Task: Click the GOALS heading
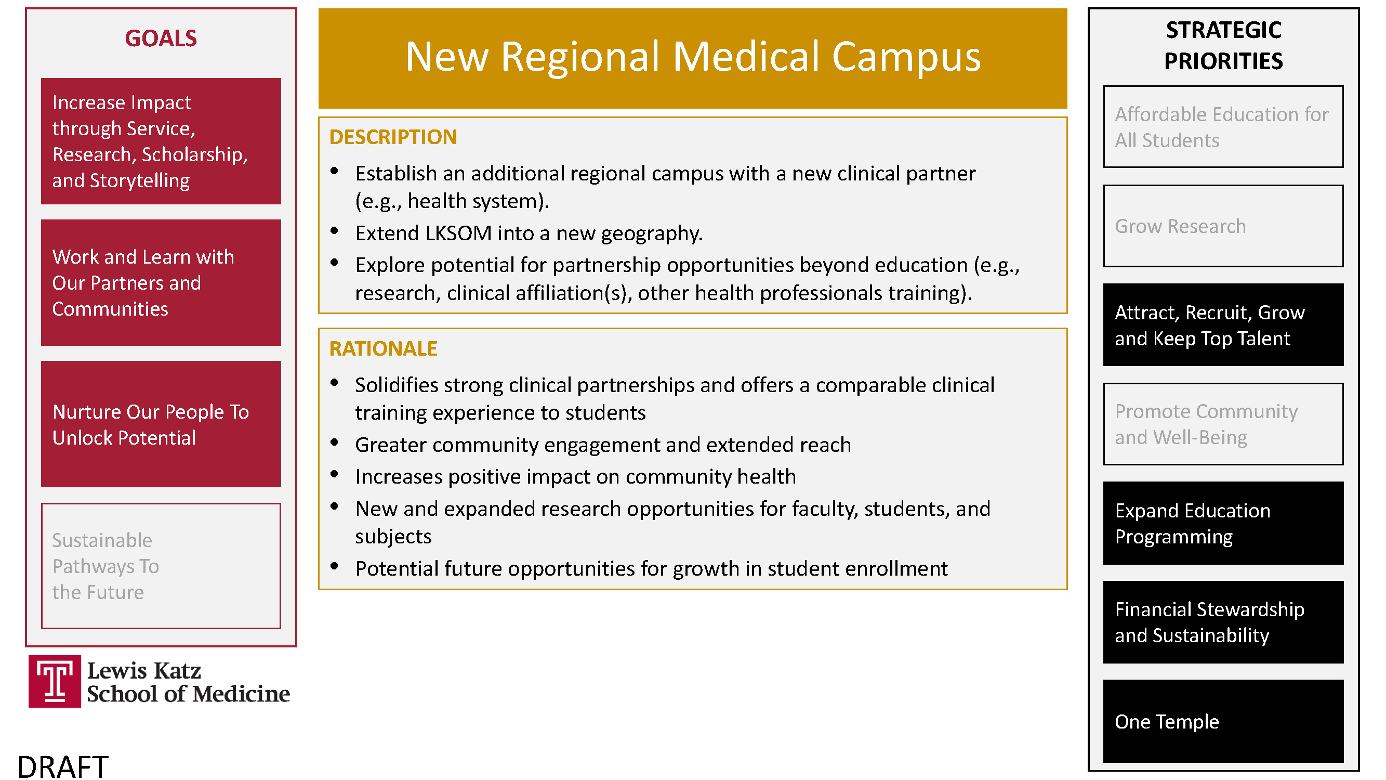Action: [161, 38]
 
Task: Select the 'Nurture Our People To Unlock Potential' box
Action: [161, 424]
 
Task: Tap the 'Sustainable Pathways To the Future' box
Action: [161, 566]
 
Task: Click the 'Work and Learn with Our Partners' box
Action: [161, 282]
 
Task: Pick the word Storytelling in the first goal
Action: [140, 181]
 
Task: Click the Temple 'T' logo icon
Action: [55, 681]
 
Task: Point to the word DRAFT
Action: [63, 766]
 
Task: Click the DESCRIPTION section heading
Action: [393, 137]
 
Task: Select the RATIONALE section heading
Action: [384, 349]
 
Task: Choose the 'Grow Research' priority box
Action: [1223, 226]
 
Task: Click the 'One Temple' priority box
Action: [1223, 721]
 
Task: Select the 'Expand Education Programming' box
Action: [1223, 523]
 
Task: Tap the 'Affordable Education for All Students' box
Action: [1223, 127]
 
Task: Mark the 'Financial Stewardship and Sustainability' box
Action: [1223, 622]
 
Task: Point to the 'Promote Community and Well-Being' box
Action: [1223, 424]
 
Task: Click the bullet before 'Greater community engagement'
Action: [334, 443]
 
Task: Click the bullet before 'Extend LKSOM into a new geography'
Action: [334, 231]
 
